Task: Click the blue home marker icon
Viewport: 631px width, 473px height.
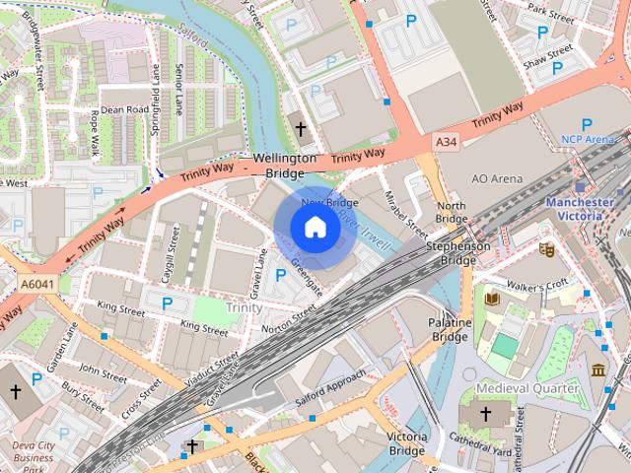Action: pos(315,228)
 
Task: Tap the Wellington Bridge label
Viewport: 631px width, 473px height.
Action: pos(285,166)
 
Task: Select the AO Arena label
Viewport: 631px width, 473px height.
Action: pos(496,179)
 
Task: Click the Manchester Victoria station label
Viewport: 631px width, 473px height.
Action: pos(579,209)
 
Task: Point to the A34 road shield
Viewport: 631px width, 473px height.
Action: pos(447,143)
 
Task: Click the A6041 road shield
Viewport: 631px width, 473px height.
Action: pos(36,284)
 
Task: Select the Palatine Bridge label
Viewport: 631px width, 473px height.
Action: pos(449,329)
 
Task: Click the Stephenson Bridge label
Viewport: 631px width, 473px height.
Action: pos(458,253)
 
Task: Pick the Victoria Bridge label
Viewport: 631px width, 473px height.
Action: pos(407,443)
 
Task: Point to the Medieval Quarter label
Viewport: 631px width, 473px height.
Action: pos(526,388)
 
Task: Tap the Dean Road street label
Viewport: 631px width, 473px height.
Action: pos(124,109)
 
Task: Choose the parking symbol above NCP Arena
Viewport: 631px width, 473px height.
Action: pos(587,124)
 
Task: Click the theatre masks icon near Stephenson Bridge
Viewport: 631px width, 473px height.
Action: pos(546,249)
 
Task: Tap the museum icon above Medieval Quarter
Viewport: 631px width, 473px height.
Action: pos(598,370)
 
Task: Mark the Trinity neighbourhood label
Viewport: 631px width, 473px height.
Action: pos(244,307)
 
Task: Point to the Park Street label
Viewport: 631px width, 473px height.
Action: pos(550,15)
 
